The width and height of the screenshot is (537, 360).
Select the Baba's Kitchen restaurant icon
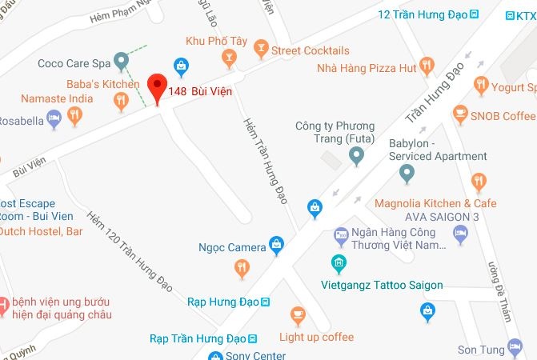click(121, 99)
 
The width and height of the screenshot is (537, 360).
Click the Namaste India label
click(57, 99)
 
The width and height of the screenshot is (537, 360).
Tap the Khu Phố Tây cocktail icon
click(230, 56)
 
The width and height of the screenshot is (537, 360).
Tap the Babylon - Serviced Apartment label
click(437, 150)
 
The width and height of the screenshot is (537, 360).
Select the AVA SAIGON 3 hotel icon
click(460, 233)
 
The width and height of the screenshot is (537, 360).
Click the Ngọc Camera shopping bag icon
click(276, 244)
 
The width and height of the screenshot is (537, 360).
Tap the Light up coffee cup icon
click(298, 314)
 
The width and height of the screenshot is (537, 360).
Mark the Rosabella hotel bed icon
click(54, 119)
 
